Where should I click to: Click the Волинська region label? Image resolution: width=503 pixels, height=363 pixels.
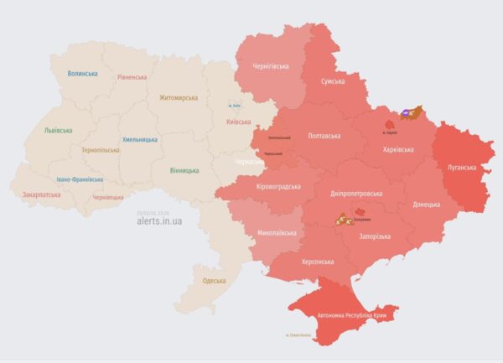tap(82, 74)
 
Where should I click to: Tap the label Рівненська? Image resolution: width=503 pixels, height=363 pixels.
tap(132, 77)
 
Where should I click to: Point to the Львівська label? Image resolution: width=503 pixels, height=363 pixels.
tap(58, 131)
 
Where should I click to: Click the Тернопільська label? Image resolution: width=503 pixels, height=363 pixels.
tap(98, 148)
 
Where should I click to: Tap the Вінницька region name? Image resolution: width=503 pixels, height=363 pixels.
tap(184, 170)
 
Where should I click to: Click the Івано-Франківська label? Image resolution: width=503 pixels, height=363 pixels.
tap(80, 179)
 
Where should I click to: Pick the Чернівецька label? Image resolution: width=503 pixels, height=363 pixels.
tap(107, 197)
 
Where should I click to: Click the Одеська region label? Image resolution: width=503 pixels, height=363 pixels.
tap(214, 280)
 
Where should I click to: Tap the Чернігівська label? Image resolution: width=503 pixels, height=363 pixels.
tap(271, 66)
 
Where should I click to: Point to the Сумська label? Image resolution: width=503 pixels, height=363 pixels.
tap(334, 82)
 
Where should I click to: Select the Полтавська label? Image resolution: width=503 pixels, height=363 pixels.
tap(324, 135)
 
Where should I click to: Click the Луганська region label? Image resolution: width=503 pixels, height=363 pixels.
tap(460, 168)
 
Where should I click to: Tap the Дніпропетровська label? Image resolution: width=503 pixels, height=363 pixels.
tap(356, 193)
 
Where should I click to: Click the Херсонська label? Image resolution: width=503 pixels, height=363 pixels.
tap(320, 262)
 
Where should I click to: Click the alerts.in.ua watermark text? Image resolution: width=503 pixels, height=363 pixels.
tap(159, 221)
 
